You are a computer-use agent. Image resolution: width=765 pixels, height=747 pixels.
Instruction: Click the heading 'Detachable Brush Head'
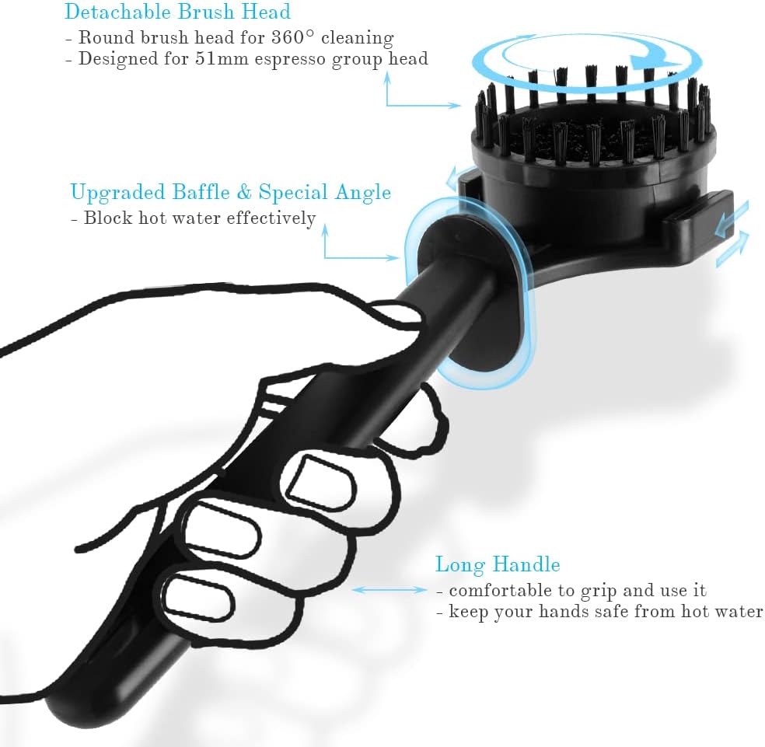177,12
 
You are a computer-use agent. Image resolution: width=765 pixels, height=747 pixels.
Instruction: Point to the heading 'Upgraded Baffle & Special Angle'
231,192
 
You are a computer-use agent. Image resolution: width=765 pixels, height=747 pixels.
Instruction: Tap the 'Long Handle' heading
498,564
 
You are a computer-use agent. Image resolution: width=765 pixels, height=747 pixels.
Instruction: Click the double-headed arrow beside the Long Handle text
389,590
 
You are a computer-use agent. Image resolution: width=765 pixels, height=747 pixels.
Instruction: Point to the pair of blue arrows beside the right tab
732,234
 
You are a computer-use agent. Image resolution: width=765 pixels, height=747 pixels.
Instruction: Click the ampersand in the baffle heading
244,192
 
